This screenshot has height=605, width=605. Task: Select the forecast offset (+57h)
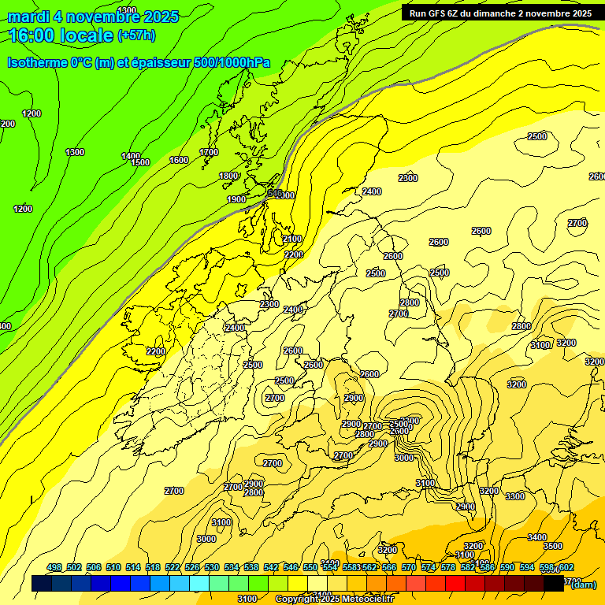tap(136, 35)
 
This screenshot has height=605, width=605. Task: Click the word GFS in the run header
tap(441, 13)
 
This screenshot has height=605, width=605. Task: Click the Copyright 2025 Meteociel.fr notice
tap(334, 599)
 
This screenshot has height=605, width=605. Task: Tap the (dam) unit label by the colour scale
tap(583, 584)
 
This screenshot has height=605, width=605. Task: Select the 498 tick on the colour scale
tap(54, 567)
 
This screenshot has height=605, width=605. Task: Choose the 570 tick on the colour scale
tap(409, 567)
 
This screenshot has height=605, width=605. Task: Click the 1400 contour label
tap(131, 156)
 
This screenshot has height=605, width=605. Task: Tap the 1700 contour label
tap(209, 152)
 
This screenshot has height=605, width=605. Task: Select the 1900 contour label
tap(236, 199)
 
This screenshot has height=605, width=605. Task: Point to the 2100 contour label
tap(292, 239)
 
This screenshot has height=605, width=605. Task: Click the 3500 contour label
tap(553, 546)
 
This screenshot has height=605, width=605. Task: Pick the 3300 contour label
tap(514, 496)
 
